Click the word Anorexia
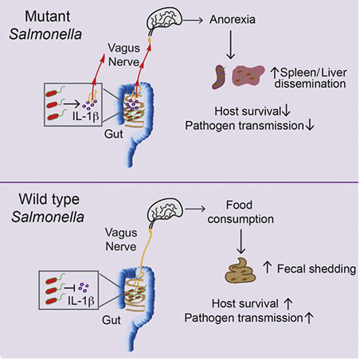coord(233,19)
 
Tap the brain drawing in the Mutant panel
coord(165,19)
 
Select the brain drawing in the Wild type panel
coord(165,209)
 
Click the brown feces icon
coord(241,270)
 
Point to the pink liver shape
coord(248,76)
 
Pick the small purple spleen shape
coord(220,76)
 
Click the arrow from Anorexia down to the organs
coord(230,45)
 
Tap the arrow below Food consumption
coord(241,241)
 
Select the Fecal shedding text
coord(316,269)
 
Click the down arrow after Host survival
coord(286,111)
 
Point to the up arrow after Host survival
coord(288,303)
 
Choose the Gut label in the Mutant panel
coord(114,134)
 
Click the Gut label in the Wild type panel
coord(112,320)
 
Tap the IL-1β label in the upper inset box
coord(86,116)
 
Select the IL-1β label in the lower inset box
coord(81,301)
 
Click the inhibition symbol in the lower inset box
coord(70,288)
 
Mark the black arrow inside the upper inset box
coord(72,104)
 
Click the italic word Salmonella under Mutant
coord(45,34)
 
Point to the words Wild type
coord(49,199)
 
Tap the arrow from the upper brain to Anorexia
coord(193,20)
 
